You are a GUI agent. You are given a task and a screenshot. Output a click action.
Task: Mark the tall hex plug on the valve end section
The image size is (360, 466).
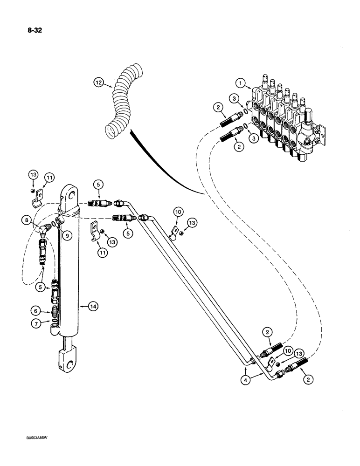pos(310,115)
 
